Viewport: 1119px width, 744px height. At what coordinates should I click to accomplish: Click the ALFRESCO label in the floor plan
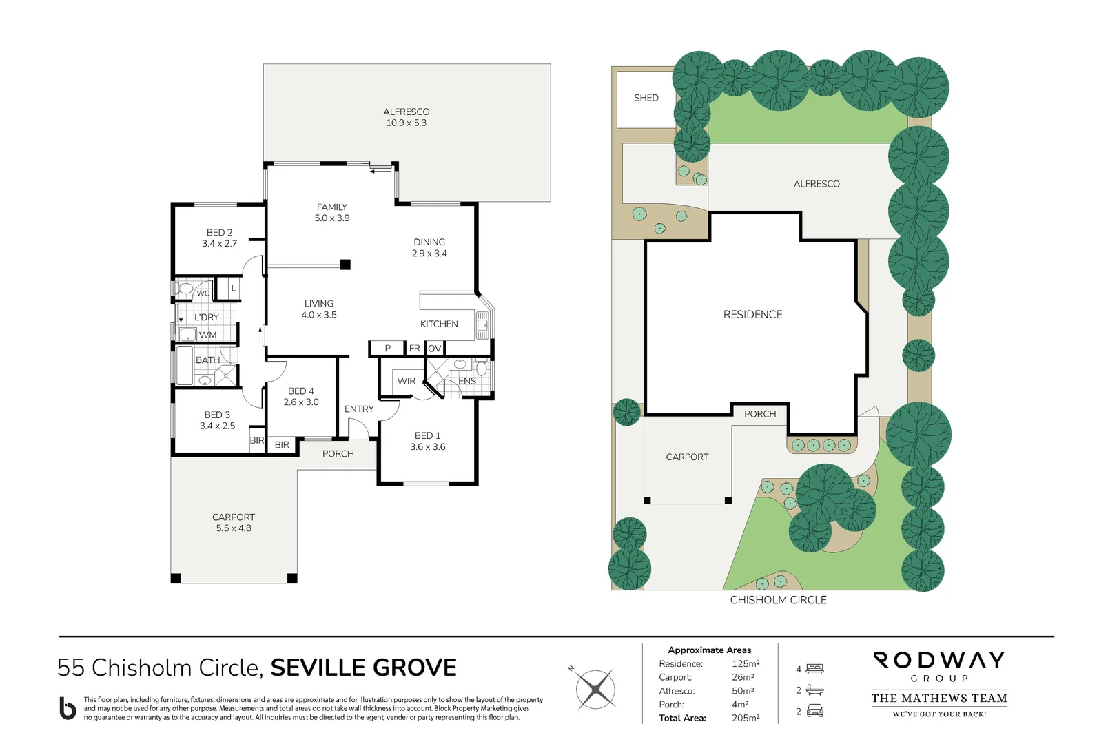click(406, 112)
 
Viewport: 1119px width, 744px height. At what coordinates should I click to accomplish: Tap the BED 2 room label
click(219, 233)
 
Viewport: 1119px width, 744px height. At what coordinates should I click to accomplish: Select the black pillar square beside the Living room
click(346, 265)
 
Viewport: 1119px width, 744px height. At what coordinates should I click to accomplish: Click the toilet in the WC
click(184, 289)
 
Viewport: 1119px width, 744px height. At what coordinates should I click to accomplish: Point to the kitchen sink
click(482, 324)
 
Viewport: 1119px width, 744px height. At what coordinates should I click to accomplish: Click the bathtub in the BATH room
click(184, 366)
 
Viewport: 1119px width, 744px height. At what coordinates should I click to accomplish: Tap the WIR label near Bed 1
click(406, 381)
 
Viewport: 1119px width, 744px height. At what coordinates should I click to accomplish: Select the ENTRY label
click(359, 409)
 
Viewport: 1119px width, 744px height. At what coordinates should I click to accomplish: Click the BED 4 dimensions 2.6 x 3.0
click(301, 402)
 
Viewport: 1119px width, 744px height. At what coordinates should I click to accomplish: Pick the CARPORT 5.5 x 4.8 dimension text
click(234, 528)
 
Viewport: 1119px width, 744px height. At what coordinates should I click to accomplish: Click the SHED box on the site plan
click(646, 99)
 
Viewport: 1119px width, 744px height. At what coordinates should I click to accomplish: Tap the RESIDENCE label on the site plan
click(752, 315)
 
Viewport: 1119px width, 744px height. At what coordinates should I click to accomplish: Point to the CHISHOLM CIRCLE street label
click(778, 600)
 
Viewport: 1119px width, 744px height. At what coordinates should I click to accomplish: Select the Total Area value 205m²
click(746, 718)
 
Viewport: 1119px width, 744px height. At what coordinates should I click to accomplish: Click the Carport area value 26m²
click(743, 677)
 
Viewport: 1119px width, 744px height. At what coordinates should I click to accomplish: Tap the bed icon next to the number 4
click(815, 669)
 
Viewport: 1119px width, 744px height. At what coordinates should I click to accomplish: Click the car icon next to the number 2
click(814, 711)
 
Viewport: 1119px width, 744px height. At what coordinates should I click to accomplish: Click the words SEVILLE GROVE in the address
click(363, 668)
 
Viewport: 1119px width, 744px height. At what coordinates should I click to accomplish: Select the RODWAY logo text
click(938, 661)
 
